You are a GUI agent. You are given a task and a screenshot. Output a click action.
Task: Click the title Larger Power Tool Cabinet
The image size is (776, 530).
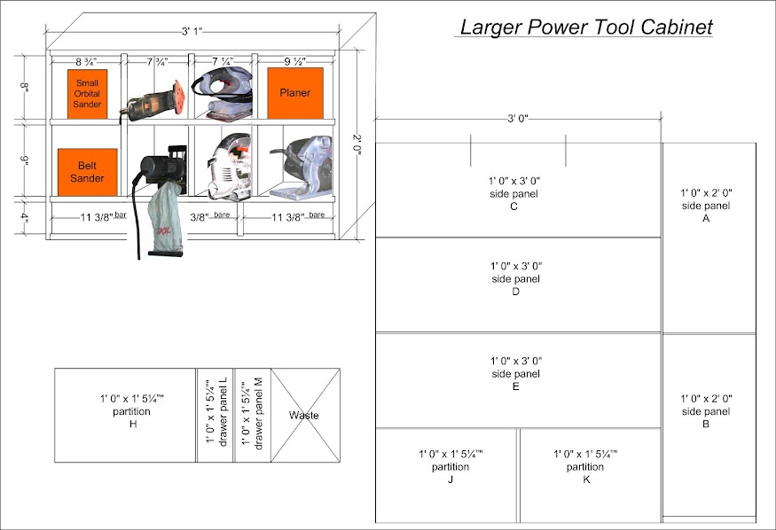[585, 27]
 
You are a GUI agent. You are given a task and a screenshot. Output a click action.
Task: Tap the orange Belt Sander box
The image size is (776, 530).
[88, 172]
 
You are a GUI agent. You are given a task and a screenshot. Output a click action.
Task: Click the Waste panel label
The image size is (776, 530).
[304, 416]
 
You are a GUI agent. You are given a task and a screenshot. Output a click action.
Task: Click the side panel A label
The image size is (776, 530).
[706, 206]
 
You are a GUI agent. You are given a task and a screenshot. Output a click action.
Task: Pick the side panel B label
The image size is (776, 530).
[706, 411]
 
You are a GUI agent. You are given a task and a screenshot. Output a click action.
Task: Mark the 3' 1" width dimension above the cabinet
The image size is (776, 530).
[192, 31]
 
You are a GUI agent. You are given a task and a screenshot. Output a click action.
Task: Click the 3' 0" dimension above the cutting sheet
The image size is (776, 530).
[518, 119]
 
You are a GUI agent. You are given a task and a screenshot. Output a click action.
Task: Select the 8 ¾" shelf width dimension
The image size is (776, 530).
[87, 62]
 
